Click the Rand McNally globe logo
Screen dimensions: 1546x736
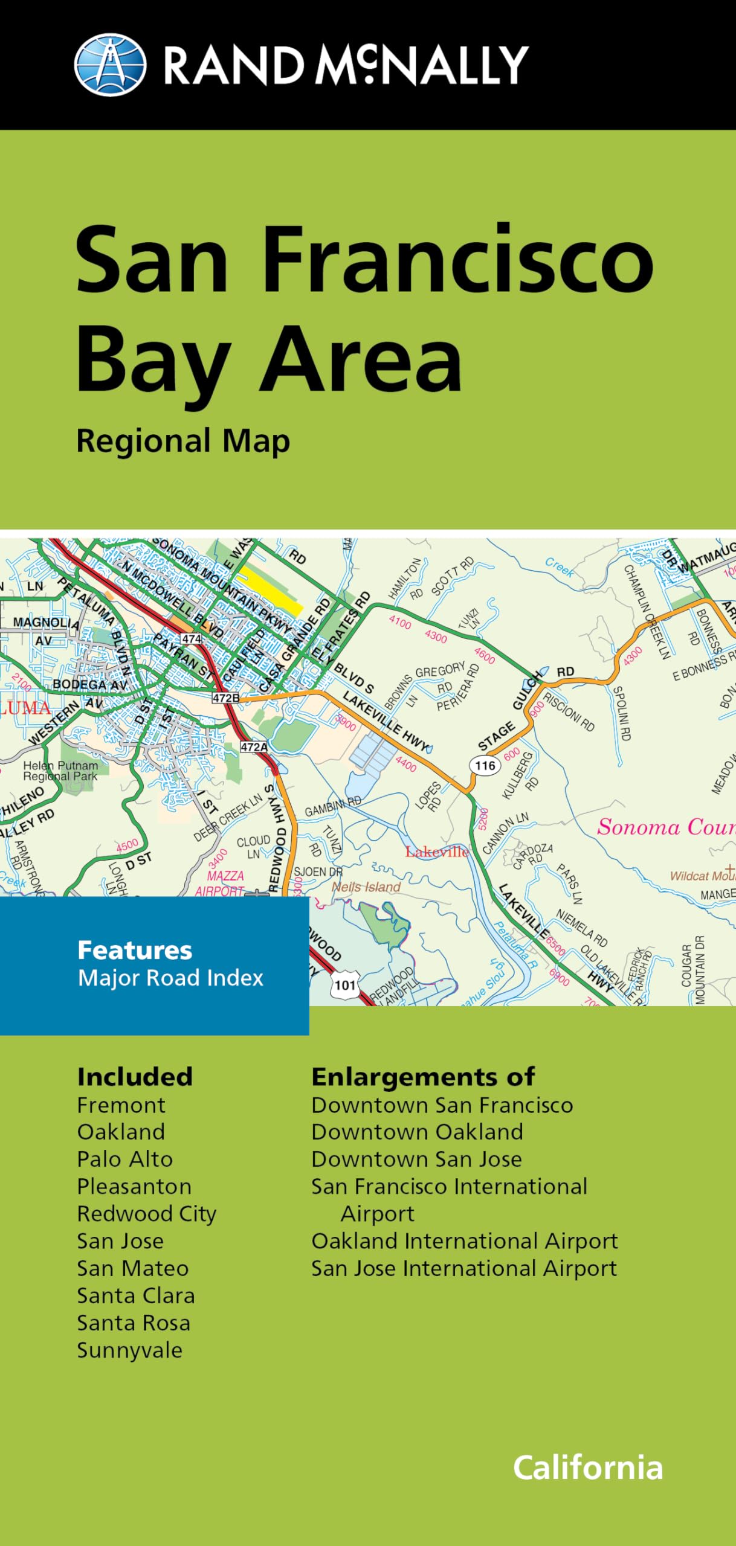(110, 65)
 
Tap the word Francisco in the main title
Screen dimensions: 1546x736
(457, 260)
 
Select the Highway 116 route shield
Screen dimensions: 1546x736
(485, 766)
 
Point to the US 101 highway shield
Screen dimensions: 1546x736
(345, 985)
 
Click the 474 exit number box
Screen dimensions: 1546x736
(191, 639)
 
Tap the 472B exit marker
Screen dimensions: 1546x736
(225, 698)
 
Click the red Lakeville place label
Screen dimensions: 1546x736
(437, 852)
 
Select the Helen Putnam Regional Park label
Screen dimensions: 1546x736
(60, 771)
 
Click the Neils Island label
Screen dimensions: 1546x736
(367, 887)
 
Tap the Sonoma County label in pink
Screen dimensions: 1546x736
(665, 827)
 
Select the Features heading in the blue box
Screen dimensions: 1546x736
(135, 951)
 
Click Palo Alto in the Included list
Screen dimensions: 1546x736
(125, 1159)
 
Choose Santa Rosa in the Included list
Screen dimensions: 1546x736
(134, 1323)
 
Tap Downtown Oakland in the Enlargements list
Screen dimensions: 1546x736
(417, 1132)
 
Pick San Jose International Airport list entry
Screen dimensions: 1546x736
(463, 1268)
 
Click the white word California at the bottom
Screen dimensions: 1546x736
(588, 1467)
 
